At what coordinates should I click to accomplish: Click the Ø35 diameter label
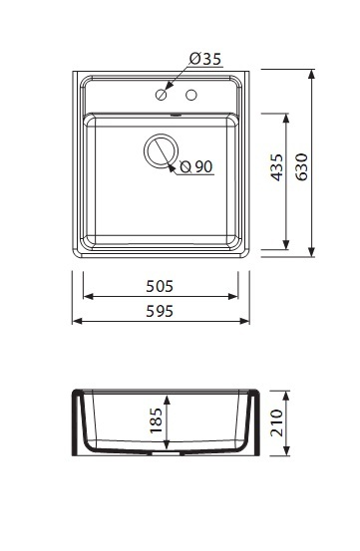205,59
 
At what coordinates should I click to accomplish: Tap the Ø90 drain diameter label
196,166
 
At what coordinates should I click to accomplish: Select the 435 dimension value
276,167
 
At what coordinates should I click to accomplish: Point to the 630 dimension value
301,167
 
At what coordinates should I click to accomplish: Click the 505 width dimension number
160,286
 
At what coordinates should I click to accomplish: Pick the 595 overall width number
160,311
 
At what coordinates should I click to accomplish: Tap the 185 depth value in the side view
157,420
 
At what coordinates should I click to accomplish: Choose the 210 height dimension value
276,422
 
